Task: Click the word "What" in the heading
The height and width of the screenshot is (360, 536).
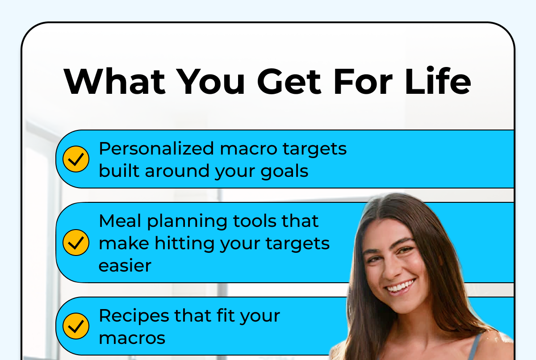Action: click(x=114, y=81)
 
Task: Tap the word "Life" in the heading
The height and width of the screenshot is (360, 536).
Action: click(x=438, y=80)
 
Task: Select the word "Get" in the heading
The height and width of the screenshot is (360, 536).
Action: click(x=289, y=81)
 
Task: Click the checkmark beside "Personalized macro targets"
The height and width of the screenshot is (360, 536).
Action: click(x=76, y=159)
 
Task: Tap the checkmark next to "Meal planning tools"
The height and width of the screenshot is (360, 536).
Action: click(x=76, y=243)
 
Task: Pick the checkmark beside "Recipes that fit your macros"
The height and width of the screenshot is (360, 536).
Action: click(x=76, y=326)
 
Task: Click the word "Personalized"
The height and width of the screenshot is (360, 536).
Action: click(x=156, y=149)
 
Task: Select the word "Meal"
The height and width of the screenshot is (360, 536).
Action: click(x=120, y=221)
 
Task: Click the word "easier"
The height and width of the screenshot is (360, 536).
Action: click(x=125, y=266)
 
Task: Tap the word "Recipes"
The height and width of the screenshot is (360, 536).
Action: click(x=134, y=316)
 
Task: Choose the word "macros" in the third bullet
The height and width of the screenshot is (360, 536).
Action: click(x=132, y=338)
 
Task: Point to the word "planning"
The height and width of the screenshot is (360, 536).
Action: click(x=187, y=222)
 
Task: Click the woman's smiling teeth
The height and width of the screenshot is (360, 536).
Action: click(x=402, y=286)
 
